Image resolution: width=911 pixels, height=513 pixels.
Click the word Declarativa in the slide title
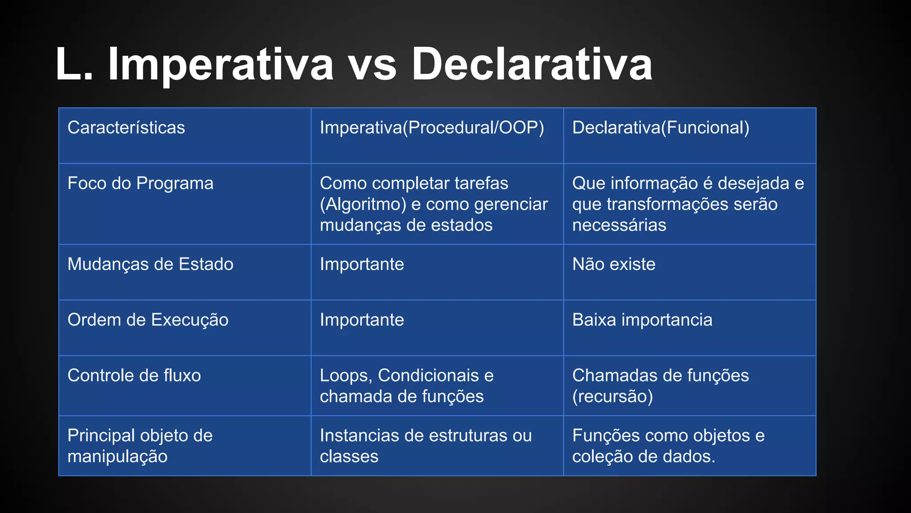click(x=532, y=65)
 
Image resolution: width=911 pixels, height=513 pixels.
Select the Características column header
click(x=126, y=128)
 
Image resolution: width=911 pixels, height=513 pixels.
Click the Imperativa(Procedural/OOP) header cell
click(x=431, y=128)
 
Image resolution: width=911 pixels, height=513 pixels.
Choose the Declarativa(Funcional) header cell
click(x=661, y=128)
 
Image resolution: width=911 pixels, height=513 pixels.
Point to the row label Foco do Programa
click(x=140, y=183)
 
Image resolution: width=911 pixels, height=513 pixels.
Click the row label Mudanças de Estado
click(x=150, y=265)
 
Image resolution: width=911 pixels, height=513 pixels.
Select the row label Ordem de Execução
click(x=148, y=320)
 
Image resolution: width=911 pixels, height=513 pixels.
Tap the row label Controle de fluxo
click(x=134, y=376)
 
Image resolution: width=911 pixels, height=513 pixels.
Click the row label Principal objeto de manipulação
click(x=140, y=446)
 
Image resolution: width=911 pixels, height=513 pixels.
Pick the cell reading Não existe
click(x=613, y=265)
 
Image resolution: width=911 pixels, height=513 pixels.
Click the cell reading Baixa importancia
click(x=642, y=320)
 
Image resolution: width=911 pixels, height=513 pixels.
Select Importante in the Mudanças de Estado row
click(x=362, y=265)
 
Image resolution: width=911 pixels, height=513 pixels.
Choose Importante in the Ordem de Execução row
click(x=362, y=320)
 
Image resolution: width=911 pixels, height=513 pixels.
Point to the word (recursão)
click(x=612, y=397)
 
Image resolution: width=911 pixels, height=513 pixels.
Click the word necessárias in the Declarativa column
click(x=619, y=225)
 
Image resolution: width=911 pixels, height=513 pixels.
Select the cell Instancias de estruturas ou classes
click(x=425, y=446)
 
